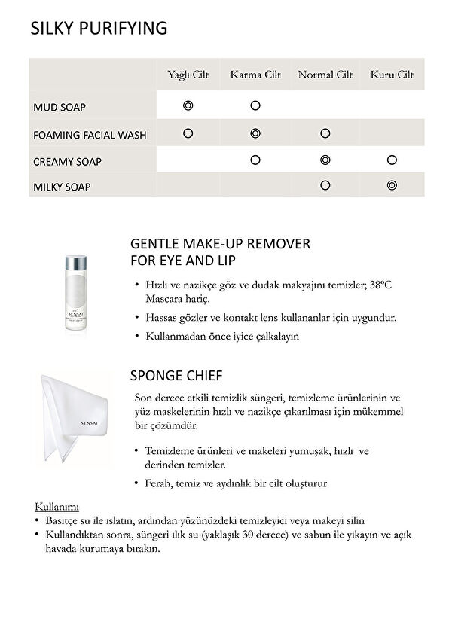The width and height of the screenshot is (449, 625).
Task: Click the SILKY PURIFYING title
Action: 98,29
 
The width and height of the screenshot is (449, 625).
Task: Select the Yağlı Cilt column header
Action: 188,75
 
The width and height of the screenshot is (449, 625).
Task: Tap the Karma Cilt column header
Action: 255,75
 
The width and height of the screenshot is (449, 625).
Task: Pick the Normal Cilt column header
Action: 325,75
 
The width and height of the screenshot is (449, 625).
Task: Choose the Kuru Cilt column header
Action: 392,75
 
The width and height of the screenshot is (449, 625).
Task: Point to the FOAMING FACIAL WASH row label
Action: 90,136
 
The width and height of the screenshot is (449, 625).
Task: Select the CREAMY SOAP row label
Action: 68,161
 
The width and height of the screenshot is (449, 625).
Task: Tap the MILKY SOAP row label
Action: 62,187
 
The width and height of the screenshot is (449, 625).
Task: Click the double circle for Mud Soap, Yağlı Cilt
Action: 188,106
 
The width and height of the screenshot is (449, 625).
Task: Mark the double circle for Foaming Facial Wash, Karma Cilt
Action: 255,133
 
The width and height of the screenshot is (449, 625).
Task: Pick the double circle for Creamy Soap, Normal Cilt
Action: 325,160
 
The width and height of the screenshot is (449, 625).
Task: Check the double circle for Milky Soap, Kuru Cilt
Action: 392,185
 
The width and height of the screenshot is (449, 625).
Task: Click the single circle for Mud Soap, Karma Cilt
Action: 255,106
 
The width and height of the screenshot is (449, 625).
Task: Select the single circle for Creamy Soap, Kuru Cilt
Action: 392,160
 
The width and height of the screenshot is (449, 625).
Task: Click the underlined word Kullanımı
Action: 57,506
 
